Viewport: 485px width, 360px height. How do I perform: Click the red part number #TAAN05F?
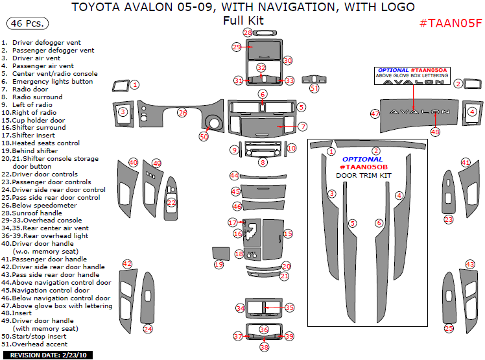[451, 23]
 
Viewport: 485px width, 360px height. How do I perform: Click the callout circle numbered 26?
[182, 112]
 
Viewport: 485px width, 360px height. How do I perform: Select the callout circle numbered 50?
[204, 137]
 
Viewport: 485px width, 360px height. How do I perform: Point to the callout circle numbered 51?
[314, 88]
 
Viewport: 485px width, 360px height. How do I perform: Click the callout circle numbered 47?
[375, 114]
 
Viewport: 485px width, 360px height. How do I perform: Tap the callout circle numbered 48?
[435, 132]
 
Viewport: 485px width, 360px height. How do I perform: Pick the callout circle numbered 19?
[219, 265]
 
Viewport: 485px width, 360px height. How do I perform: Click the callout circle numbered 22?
[171, 202]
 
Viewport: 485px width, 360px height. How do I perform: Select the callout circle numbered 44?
[234, 175]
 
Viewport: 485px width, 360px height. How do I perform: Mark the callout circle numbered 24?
[148, 329]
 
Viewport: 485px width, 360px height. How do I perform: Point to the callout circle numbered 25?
[449, 329]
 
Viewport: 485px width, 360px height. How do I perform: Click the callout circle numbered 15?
[288, 234]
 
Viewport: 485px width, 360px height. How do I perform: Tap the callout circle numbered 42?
[127, 264]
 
